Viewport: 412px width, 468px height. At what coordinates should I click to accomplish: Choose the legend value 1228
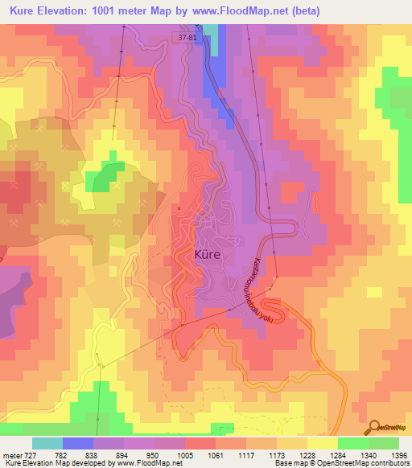[307, 455]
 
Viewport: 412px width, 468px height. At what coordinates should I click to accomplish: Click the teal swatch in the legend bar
[47, 443]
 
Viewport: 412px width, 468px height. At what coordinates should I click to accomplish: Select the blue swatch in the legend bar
[78, 443]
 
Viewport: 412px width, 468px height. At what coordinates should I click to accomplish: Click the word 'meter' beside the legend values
[11, 455]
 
